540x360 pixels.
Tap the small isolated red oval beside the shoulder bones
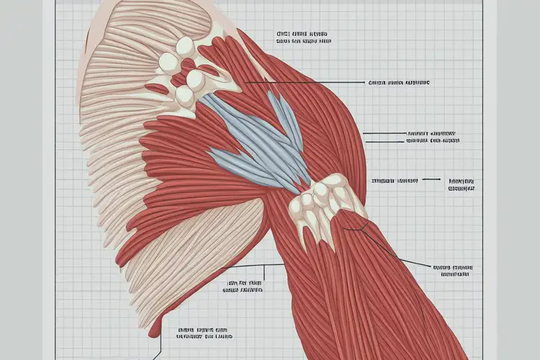[156, 88]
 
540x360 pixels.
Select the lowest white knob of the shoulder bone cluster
[184, 96]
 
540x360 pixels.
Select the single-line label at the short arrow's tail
[395, 180]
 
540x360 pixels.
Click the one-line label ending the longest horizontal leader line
[400, 83]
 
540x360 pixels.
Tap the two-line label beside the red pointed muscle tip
[205, 333]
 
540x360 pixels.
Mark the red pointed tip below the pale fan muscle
[153, 329]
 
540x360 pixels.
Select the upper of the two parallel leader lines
[385, 133]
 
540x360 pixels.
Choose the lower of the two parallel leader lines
[385, 141]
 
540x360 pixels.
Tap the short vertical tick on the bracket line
[264, 271]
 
